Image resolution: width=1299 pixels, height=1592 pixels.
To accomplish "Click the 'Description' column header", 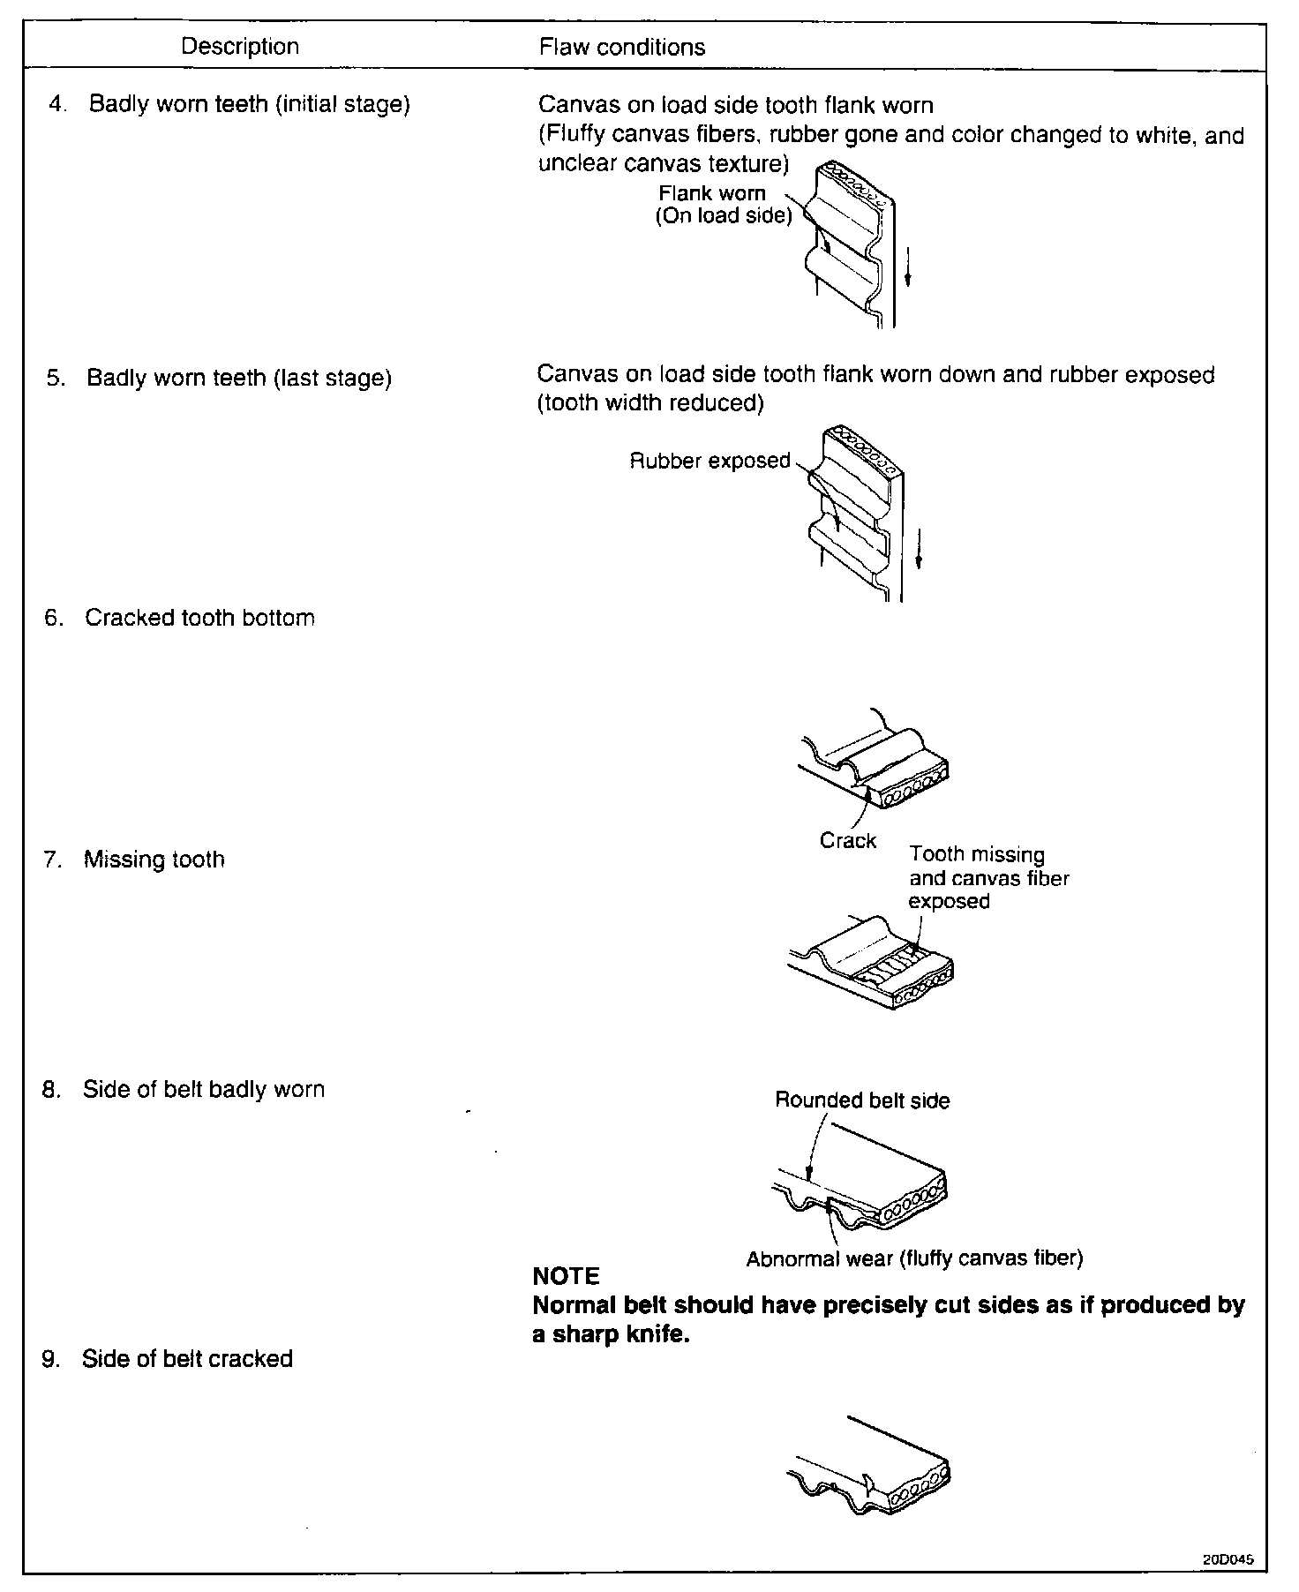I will tap(239, 47).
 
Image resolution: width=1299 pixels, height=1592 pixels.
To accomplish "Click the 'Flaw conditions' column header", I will tap(622, 48).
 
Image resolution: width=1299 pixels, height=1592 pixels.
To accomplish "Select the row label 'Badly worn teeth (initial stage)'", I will tap(249, 104).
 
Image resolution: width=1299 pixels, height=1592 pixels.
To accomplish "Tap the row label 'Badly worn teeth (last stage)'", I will tap(238, 379).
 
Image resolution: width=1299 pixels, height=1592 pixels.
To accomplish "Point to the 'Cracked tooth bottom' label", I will tap(199, 618).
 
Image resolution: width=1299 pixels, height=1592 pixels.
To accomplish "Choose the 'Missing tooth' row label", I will tap(154, 860).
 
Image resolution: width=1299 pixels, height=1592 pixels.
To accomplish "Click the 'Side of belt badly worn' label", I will tap(203, 1090).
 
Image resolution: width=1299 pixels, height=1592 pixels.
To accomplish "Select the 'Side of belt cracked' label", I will tap(187, 1358).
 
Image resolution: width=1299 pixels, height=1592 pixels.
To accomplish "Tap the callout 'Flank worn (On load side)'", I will tap(723, 205).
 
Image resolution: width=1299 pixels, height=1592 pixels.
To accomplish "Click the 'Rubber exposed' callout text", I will tap(710, 461).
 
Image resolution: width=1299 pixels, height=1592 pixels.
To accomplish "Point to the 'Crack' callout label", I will tap(847, 841).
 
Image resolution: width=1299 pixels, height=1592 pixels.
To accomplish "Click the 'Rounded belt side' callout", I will tap(862, 1100).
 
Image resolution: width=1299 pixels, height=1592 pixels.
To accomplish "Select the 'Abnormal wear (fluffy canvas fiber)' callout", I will tap(914, 1258).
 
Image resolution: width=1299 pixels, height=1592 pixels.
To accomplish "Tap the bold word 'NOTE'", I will tap(566, 1276).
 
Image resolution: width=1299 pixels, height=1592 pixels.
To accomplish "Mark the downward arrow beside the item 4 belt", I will tap(908, 267).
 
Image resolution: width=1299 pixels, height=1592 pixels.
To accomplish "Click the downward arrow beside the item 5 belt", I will tap(918, 549).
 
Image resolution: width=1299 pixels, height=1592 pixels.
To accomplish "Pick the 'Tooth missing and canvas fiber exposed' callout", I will tap(988, 878).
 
